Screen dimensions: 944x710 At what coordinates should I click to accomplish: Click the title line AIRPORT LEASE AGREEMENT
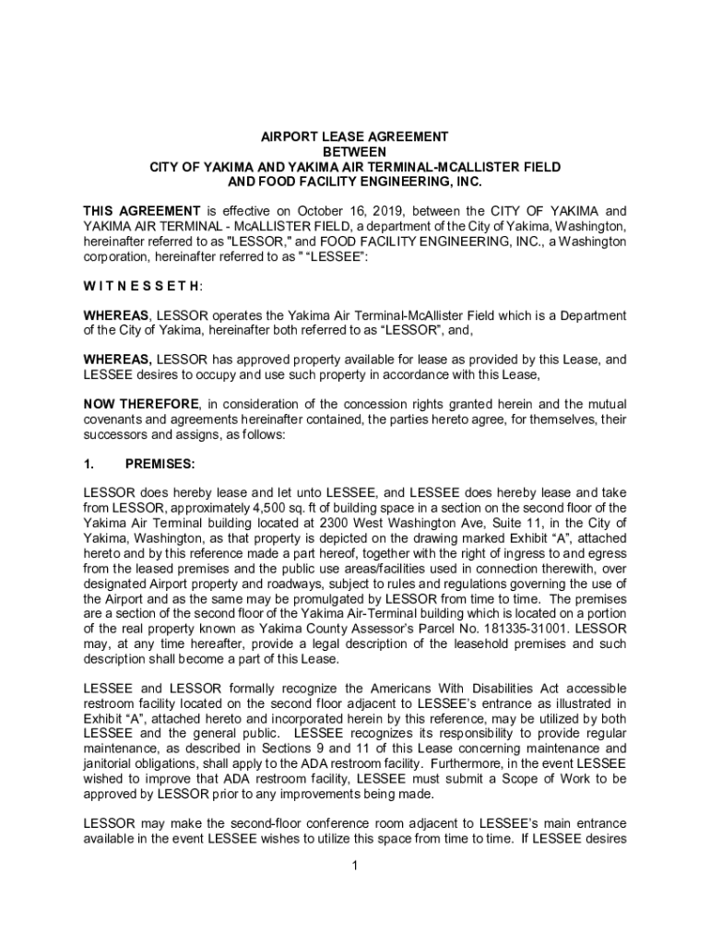[355, 136]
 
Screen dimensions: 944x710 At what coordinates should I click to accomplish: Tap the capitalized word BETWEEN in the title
[355, 151]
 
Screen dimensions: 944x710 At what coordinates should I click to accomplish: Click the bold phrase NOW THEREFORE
[141, 404]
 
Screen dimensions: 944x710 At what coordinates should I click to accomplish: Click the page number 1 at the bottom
[355, 865]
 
